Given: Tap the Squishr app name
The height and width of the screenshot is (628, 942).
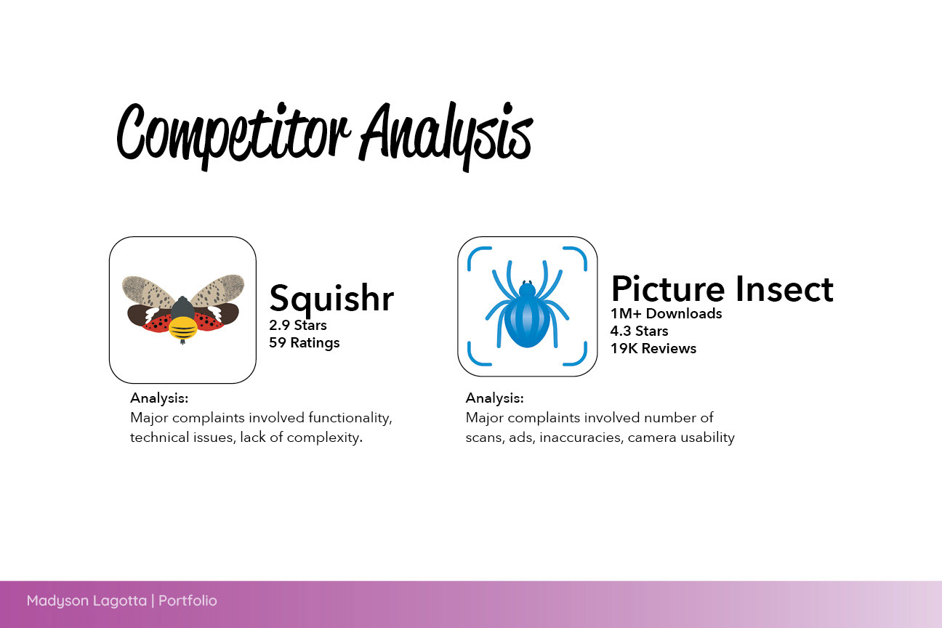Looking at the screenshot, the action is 331,299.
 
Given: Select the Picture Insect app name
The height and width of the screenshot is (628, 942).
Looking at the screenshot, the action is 722,289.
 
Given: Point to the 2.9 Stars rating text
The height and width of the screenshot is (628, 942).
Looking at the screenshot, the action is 298,325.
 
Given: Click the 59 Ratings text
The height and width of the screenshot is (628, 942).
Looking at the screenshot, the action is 304,343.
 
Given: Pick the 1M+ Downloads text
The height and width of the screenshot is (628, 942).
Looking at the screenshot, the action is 666,314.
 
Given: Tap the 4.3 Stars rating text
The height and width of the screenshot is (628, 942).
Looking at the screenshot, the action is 639,331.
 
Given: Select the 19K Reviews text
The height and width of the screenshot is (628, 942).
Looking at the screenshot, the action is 653,349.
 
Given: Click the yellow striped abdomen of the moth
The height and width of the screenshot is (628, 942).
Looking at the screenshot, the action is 182,329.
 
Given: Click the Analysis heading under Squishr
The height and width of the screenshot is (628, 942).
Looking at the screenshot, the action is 159,398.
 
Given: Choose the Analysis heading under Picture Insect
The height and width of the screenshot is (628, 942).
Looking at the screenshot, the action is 494,398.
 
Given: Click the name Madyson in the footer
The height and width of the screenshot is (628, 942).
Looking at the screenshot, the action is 57,601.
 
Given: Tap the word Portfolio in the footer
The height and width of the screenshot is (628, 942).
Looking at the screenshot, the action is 188,600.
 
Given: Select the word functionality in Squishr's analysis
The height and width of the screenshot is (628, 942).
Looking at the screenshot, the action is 350,418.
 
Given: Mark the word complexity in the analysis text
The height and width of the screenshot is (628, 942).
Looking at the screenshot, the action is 325,438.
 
